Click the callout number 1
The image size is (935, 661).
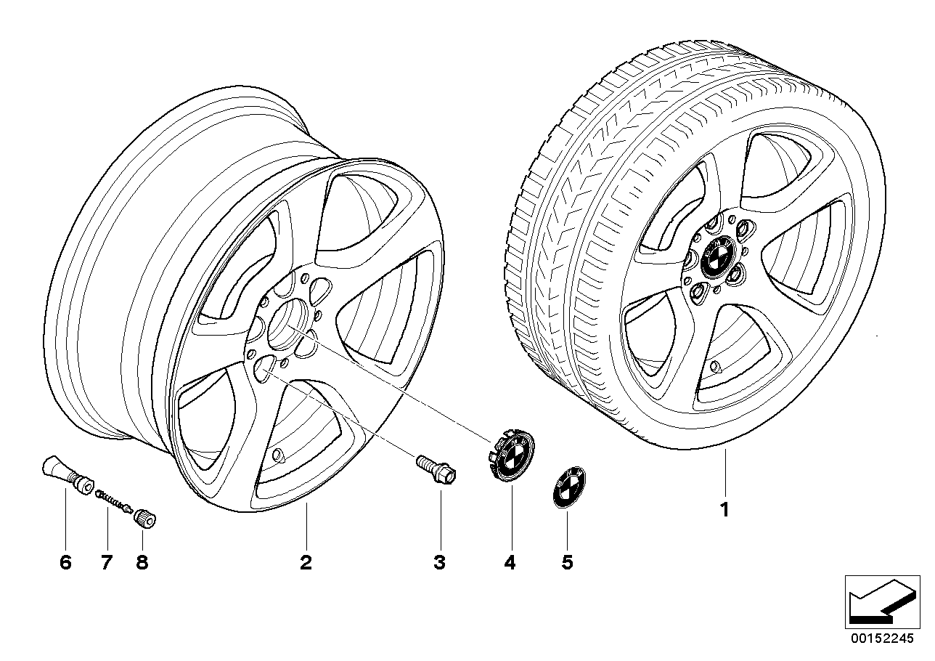click(724, 510)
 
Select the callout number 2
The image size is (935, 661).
click(306, 561)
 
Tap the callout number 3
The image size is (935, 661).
click(439, 561)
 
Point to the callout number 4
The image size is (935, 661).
click(510, 561)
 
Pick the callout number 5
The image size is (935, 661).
click(567, 561)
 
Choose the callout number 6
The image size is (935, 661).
click(65, 561)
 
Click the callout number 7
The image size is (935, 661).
click(107, 561)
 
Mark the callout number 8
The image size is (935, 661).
click(142, 561)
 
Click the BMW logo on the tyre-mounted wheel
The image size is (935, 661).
click(716, 259)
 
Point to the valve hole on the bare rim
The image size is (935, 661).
click(277, 456)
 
